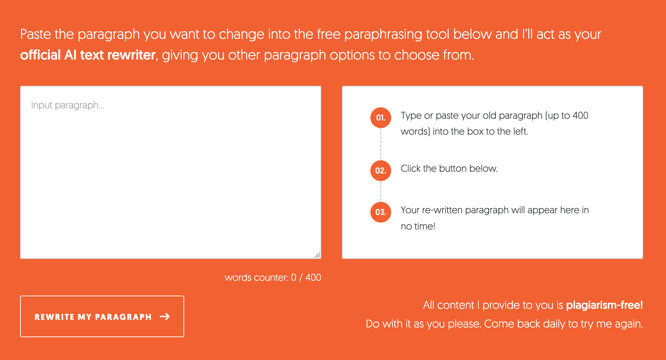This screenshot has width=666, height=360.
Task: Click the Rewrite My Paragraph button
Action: point(102,316)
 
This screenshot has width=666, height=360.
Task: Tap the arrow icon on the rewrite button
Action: point(165,316)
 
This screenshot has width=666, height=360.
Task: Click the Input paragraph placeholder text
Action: point(68,105)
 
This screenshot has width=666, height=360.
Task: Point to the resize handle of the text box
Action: point(317,255)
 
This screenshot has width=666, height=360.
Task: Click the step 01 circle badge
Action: point(381,118)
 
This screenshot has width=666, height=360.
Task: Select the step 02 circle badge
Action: point(381,171)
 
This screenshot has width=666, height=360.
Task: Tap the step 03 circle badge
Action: point(381,212)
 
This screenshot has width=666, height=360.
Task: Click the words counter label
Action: point(273,278)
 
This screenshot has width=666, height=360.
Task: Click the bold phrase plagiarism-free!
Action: point(604,305)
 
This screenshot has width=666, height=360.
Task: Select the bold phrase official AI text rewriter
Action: point(88,55)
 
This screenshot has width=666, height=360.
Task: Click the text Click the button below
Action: point(449,169)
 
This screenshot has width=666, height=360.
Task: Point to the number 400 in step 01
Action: point(580,116)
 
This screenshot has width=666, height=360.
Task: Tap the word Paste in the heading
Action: point(36,34)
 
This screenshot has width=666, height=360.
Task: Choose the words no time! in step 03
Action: point(418,226)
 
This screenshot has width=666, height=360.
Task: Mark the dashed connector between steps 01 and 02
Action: point(381,144)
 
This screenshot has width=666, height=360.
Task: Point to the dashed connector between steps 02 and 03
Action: point(381,191)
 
